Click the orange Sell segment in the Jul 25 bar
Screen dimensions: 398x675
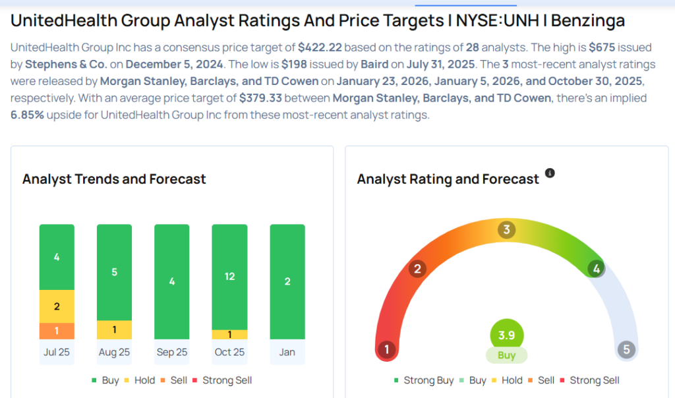point(57,331)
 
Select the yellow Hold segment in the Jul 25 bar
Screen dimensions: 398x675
point(57,306)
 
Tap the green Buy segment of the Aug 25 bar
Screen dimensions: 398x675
point(114,271)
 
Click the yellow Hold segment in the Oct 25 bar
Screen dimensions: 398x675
point(229,335)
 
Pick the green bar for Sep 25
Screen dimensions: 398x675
point(172,281)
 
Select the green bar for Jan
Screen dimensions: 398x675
point(287,281)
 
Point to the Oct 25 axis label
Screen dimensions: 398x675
point(229,353)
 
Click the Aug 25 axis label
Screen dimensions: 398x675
point(114,353)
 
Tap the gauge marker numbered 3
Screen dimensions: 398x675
point(506,230)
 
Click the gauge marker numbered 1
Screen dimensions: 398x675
point(387,349)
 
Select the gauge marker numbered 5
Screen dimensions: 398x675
point(626,349)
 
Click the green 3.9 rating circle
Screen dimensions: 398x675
point(506,335)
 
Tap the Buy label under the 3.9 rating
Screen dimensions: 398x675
point(506,355)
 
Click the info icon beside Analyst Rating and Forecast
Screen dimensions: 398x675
point(550,173)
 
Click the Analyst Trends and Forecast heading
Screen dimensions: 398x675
point(114,179)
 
